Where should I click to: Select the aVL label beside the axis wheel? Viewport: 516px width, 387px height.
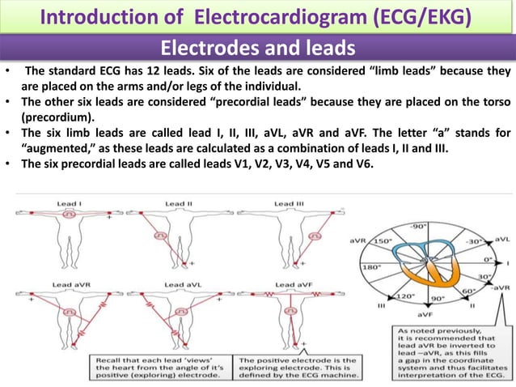tap(501, 240)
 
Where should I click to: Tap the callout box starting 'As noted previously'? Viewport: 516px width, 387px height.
tap(450, 352)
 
